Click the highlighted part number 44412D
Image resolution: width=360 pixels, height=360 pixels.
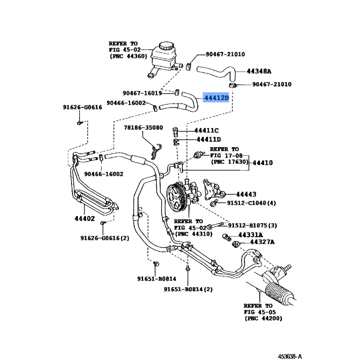coord(216,97)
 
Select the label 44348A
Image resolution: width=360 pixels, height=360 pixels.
coord(259,71)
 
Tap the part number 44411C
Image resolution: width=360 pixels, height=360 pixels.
coord(206,131)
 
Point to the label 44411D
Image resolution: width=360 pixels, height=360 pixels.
coord(207,140)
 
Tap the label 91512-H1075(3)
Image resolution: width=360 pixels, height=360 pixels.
coord(252,225)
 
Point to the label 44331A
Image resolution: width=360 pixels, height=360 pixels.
coord(250,235)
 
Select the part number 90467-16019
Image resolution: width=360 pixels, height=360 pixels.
coord(142,94)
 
